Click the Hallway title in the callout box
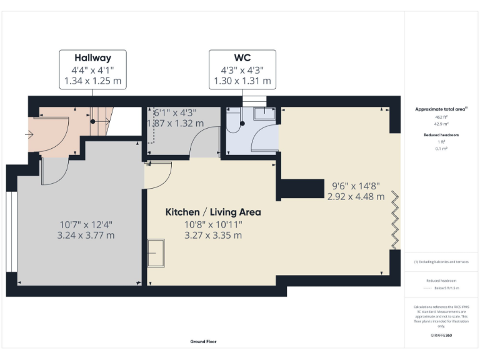92,58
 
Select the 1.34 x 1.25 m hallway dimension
92,81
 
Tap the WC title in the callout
242,58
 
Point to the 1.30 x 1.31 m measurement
242,81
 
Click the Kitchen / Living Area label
212,212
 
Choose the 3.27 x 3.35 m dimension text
212,236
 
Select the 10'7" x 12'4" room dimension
86,224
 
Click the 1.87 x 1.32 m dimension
175,123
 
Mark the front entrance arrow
29,134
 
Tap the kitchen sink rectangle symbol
156,254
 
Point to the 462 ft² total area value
441,117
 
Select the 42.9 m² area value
441,124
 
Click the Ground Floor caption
204,342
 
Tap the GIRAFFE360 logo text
441,336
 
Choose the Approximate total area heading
441,109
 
